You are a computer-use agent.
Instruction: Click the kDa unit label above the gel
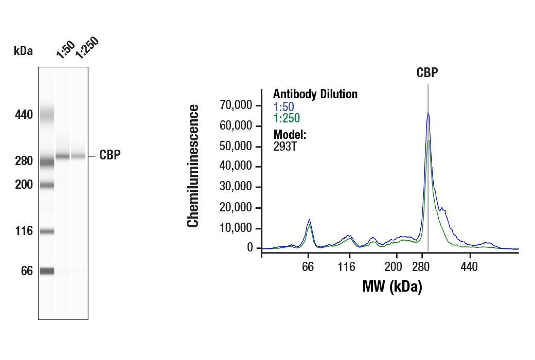tap(23, 51)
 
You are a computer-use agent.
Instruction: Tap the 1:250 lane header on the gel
tap(85, 48)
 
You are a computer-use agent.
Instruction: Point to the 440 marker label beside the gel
tap(23, 115)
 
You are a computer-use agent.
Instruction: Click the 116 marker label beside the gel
tap(23, 231)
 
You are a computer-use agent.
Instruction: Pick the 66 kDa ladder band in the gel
tap(47, 271)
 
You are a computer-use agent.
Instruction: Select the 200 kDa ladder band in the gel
tap(47, 185)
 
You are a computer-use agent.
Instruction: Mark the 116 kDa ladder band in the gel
tap(47, 231)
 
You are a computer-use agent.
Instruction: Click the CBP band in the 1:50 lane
tap(63, 156)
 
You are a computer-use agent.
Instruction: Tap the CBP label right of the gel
tap(110, 155)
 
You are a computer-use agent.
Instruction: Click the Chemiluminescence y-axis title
tap(193, 166)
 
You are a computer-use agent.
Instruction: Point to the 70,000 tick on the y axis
tap(236, 105)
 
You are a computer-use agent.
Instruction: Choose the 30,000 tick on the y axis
tap(236, 187)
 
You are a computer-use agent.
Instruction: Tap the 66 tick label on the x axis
tap(308, 267)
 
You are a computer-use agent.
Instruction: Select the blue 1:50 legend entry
tap(283, 107)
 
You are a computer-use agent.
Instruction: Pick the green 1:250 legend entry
tap(287, 118)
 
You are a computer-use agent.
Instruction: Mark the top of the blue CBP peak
tap(428, 113)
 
